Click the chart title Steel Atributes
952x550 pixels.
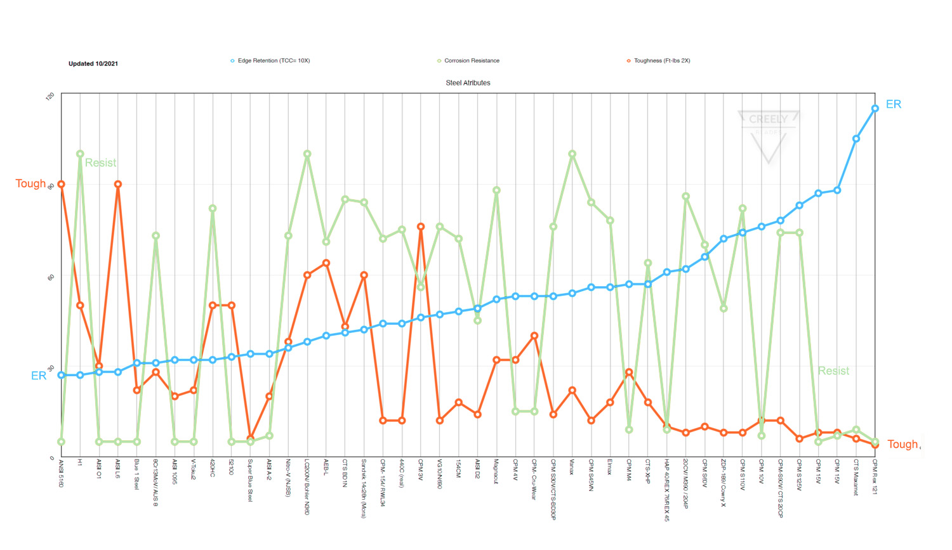click(x=468, y=83)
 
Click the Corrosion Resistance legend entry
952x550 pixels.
click(x=471, y=61)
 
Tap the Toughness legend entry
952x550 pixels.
click(x=661, y=61)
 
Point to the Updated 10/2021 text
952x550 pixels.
click(x=93, y=63)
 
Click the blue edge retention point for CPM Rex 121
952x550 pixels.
click(x=875, y=108)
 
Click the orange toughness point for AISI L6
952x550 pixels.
click(x=118, y=184)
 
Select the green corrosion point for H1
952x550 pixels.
click(x=80, y=154)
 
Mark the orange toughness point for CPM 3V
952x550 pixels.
click(x=421, y=226)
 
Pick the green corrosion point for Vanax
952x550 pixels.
click(x=572, y=154)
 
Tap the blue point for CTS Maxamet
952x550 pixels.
click(x=856, y=139)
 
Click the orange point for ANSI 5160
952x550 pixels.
click(x=62, y=184)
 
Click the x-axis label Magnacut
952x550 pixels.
click(x=496, y=472)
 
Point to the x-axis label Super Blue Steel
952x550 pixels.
click(x=251, y=480)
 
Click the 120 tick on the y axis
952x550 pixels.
click(x=51, y=96)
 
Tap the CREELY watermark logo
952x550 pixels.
click(x=768, y=136)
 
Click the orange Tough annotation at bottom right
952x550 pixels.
click(x=902, y=444)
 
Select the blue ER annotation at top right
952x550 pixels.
click(x=893, y=104)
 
